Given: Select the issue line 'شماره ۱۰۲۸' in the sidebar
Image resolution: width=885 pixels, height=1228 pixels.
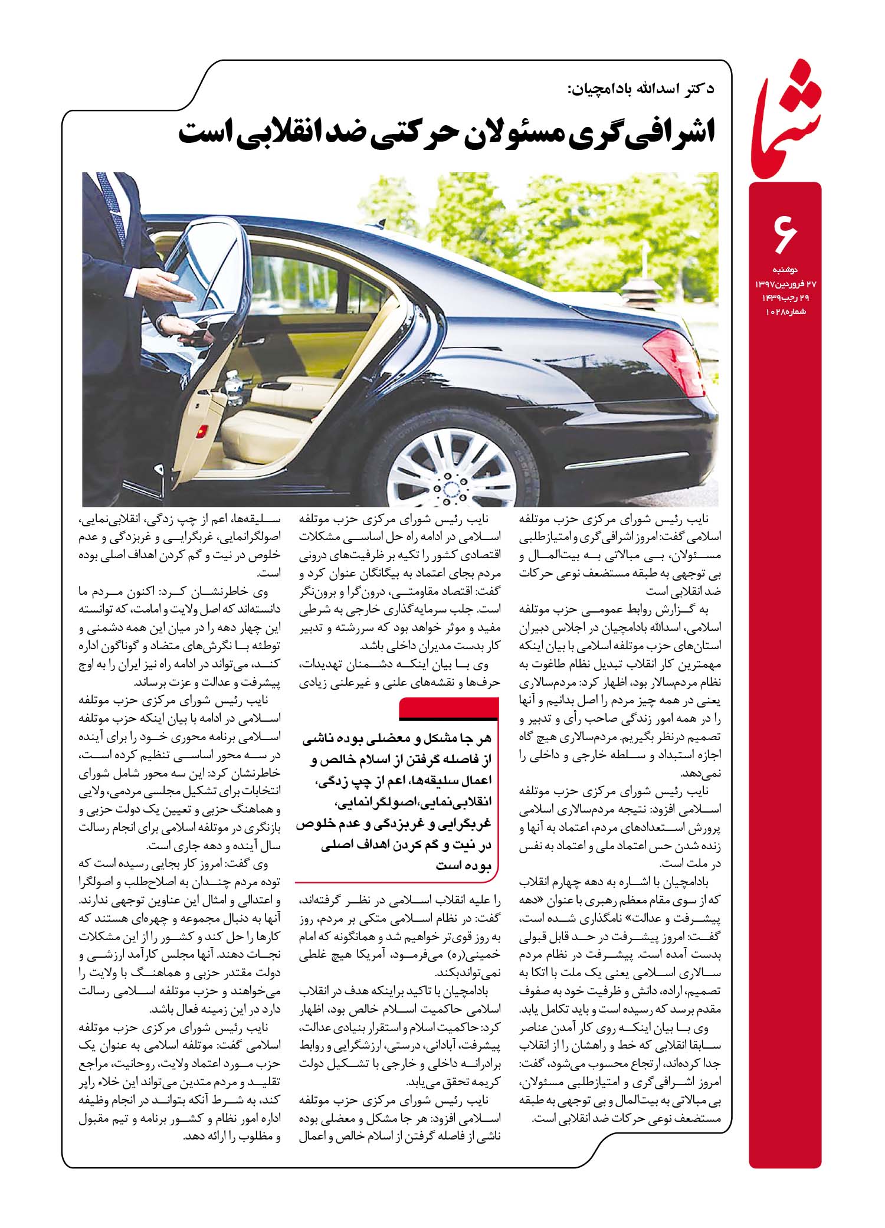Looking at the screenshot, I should [x=785, y=311].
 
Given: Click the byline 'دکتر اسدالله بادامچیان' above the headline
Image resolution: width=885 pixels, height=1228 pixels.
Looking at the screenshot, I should [x=640, y=89].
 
